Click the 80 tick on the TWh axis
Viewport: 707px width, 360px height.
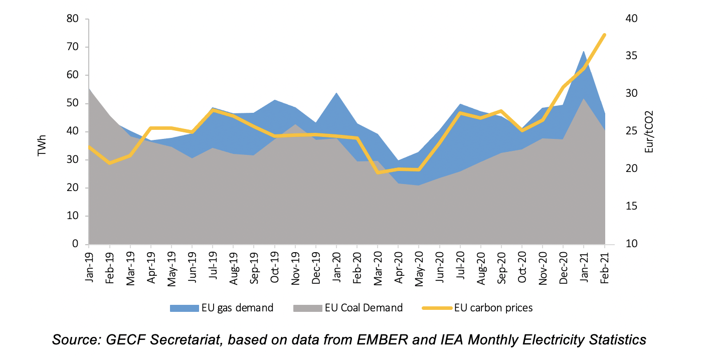(73, 19)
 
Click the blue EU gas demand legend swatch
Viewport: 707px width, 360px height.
(184, 307)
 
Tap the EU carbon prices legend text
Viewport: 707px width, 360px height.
(493, 307)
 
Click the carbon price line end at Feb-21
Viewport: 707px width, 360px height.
(605, 35)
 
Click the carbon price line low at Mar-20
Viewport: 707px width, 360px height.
(378, 172)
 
